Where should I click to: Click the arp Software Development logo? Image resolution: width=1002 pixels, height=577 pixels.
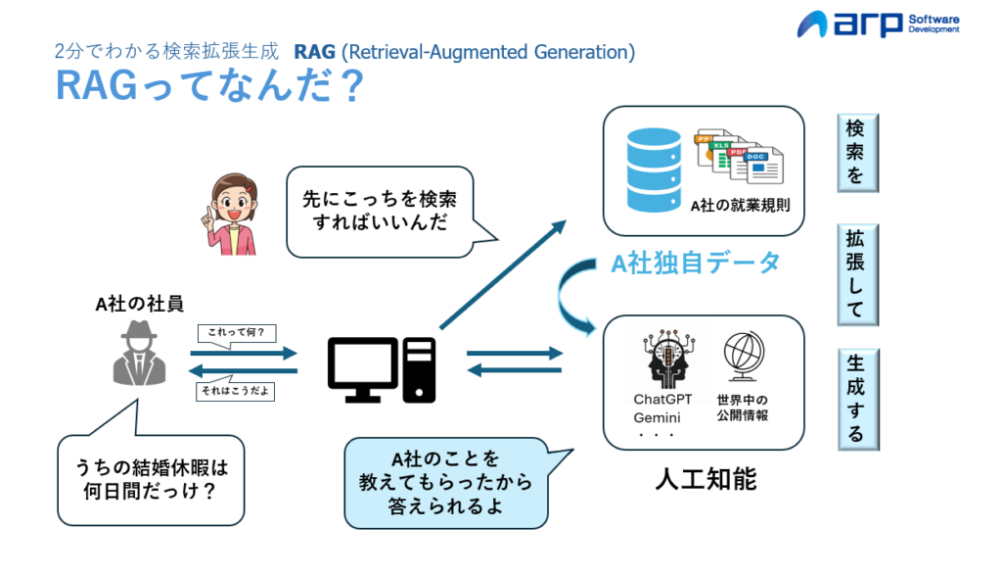click(878, 24)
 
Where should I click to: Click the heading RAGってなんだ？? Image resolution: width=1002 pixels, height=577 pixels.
click(209, 87)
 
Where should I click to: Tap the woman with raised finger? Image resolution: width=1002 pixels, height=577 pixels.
click(233, 214)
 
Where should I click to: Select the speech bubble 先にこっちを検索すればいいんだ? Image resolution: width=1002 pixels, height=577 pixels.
click(380, 211)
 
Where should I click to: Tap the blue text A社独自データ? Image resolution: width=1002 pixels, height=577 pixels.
click(696, 263)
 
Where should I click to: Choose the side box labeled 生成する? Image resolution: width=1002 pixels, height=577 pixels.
click(856, 399)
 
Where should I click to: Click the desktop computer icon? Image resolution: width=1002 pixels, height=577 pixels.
click(381, 369)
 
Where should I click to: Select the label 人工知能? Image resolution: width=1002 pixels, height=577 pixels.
click(705, 480)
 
